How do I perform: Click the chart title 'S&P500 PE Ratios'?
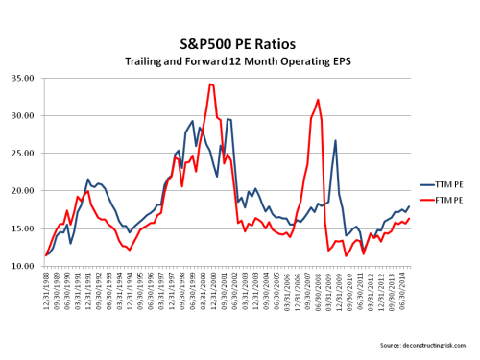[x=239, y=43]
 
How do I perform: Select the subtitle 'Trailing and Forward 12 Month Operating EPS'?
[x=239, y=61]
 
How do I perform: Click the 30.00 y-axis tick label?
[x=24, y=116]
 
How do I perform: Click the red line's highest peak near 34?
[x=209, y=84]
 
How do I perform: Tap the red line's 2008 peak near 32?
[x=318, y=100]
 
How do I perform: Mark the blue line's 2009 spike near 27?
[x=336, y=141]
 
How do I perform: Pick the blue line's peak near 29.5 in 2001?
[x=228, y=119]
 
